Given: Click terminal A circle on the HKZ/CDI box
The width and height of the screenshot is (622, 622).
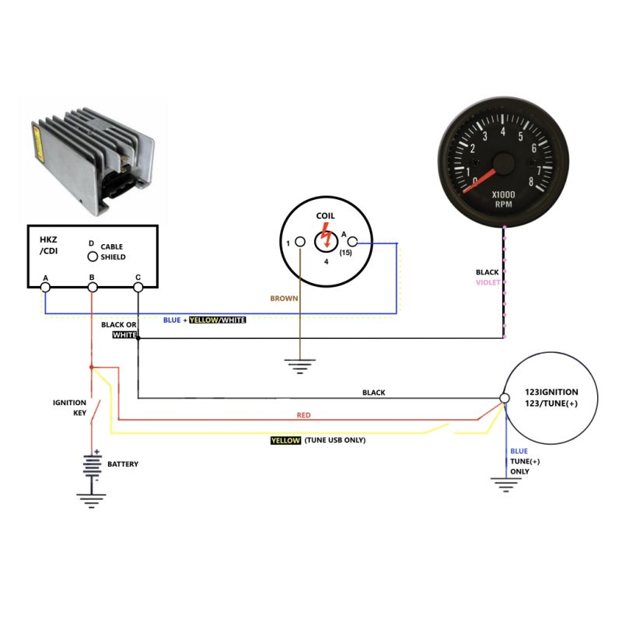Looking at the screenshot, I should coord(45,288).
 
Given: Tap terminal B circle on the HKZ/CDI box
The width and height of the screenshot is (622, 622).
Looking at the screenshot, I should coord(92,288).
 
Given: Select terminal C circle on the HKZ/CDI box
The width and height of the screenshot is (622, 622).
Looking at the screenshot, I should coord(138,288).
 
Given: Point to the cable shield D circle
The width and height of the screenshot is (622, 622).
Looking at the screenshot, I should coord(92,257).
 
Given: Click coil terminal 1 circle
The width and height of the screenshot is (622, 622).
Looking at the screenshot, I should coord(300,243).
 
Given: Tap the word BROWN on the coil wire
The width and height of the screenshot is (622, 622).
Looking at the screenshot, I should coord(283,298).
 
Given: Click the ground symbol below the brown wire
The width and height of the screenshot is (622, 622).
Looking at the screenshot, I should coord(299,365).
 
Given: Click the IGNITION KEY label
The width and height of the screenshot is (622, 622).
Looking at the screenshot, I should coord(69,407).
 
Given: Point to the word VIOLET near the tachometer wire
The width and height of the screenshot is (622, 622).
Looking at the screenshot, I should coord(487,282).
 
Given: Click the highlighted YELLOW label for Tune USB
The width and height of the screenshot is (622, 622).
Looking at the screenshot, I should coord(285,440).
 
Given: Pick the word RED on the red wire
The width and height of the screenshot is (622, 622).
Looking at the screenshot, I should coord(303,415).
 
